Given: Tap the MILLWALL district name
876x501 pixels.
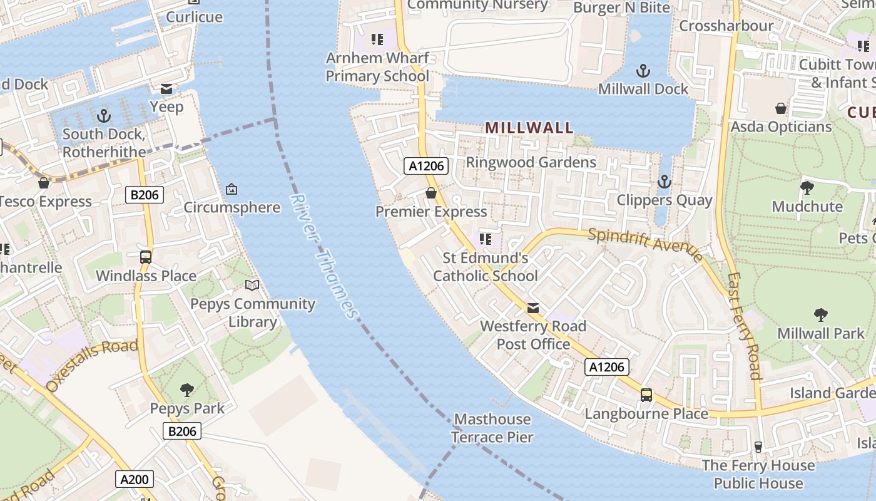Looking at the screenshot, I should click(x=529, y=128).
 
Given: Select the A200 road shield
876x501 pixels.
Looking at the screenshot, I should click(x=135, y=480).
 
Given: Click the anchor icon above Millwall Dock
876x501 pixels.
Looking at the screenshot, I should click(x=643, y=71).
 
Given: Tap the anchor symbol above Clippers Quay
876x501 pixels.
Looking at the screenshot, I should click(x=664, y=182).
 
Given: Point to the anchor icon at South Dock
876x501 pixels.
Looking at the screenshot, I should click(x=104, y=116).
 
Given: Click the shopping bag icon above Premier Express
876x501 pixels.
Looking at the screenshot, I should click(x=431, y=193).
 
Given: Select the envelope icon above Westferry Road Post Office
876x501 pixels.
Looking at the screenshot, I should click(x=533, y=307).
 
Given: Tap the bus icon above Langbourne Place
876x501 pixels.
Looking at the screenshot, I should click(x=646, y=395).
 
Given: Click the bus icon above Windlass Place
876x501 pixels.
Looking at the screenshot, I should click(x=146, y=257).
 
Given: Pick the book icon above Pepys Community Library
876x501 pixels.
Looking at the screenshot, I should click(x=252, y=286).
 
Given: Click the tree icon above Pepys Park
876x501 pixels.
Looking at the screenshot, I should click(x=186, y=390).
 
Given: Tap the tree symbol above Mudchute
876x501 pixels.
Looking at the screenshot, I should click(x=807, y=187).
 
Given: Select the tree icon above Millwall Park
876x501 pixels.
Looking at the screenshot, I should click(x=820, y=314).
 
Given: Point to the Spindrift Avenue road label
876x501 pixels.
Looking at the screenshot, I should click(x=645, y=244).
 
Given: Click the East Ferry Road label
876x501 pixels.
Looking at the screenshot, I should click(x=745, y=326).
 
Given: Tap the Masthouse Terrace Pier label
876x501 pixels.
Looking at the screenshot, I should click(x=492, y=428).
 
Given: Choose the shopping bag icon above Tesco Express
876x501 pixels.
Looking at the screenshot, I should click(x=44, y=183).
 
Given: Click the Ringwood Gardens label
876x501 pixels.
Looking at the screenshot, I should click(x=531, y=162).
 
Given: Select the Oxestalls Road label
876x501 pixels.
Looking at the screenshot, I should click(x=91, y=366).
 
